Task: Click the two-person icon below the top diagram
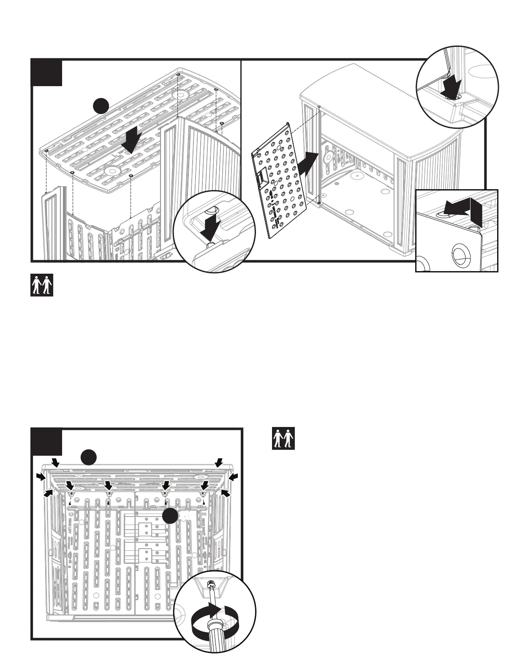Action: [x=42, y=285]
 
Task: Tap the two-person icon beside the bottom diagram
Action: [x=283, y=439]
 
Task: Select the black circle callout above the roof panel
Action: [x=102, y=106]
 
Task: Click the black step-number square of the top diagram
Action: [x=47, y=73]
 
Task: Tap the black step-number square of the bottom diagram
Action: [x=47, y=442]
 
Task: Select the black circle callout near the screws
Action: [x=171, y=516]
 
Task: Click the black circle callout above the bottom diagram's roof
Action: [x=89, y=457]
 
